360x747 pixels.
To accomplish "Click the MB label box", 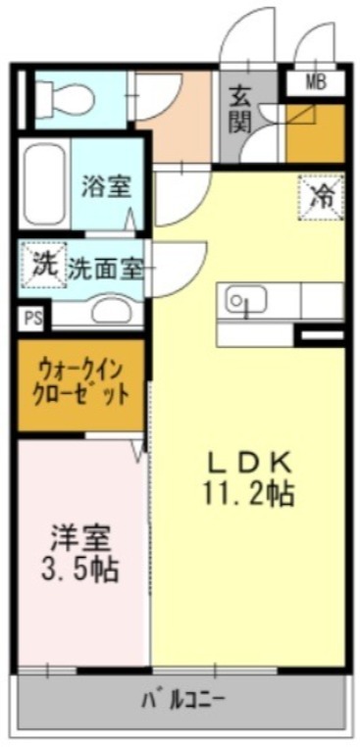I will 315,81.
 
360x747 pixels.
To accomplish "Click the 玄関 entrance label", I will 241,108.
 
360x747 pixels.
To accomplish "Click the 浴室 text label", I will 106,186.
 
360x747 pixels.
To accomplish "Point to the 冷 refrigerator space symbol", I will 322,195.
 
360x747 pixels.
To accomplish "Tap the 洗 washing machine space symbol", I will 42,263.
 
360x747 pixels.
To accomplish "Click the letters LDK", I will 249,461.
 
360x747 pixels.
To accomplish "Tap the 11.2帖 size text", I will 249,494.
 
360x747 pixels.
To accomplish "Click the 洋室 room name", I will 80,538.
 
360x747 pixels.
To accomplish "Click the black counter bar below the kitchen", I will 319,335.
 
